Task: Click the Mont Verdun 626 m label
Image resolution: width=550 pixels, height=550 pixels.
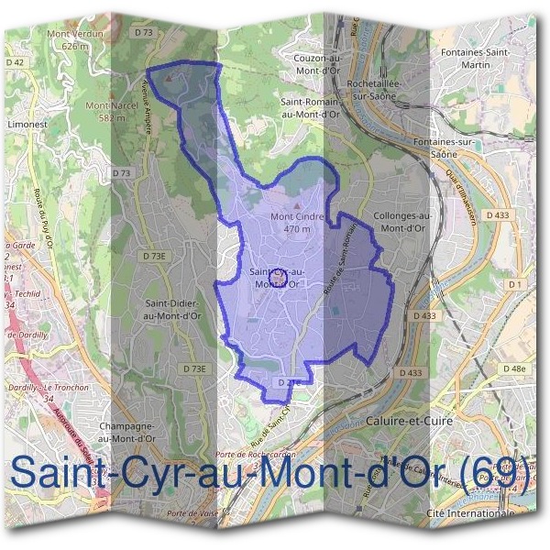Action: click(x=79, y=38)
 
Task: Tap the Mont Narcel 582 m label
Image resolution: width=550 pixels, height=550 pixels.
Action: click(x=105, y=111)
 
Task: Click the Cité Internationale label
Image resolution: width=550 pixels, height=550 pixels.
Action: click(x=471, y=514)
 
